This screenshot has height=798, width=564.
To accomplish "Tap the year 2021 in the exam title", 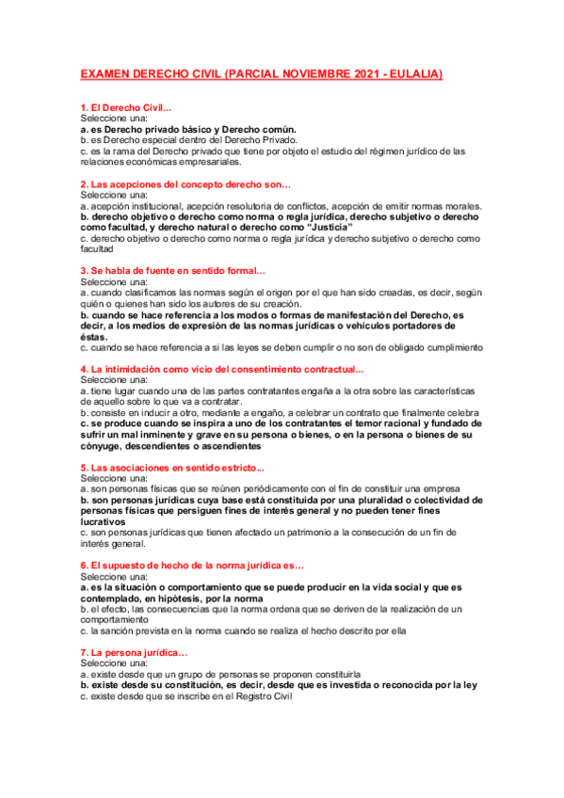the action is coord(353,73).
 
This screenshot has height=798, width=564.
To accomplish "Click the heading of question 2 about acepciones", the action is coord(185,184).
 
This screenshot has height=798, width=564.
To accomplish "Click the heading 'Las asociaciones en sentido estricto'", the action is coord(172,467).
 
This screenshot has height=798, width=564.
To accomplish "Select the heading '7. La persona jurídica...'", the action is coord(134,653).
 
